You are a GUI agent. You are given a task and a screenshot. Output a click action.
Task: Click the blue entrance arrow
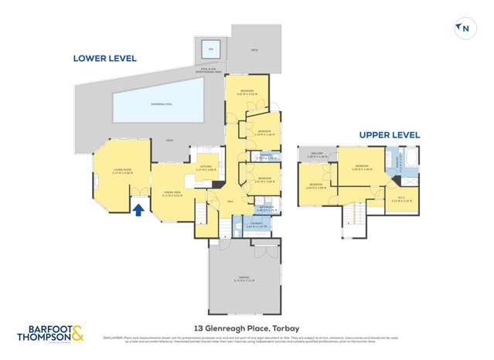tap(138, 209)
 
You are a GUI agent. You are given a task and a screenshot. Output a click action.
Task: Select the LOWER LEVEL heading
tap(104, 58)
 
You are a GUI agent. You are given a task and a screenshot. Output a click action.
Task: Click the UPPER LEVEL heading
tap(390, 135)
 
